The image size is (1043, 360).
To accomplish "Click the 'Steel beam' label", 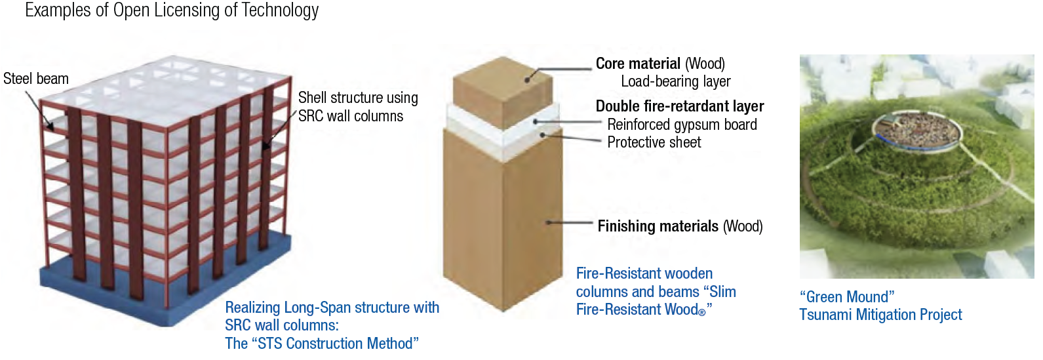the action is click(36, 79).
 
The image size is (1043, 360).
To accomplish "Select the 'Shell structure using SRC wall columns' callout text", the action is click(357, 107).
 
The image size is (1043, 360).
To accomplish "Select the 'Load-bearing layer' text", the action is click(676, 81).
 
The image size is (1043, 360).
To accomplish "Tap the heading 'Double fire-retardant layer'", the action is click(680, 106).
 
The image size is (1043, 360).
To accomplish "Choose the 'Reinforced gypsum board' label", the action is click(682, 125).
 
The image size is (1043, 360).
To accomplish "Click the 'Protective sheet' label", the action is click(654, 142).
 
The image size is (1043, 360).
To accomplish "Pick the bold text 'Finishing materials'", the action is click(658, 226).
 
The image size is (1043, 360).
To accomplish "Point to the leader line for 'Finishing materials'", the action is click(569, 223).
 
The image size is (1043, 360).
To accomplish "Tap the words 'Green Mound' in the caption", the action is click(847, 297).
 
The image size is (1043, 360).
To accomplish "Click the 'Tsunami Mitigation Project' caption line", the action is click(880, 315).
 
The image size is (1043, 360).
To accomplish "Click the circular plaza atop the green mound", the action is click(916, 132).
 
